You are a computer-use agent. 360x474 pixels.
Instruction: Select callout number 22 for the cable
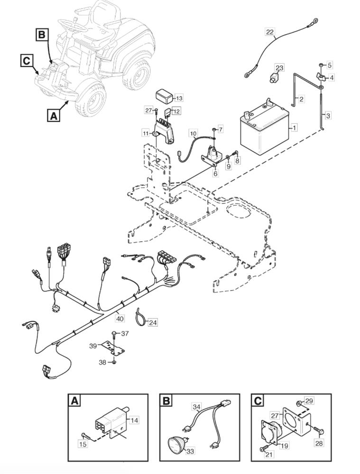point(269,32)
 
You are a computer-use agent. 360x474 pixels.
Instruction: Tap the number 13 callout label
point(178,98)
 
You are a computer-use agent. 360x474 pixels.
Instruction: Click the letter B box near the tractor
point(42,35)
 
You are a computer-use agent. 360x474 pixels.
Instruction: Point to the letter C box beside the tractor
point(27,60)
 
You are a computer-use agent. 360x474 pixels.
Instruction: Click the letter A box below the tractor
point(54,115)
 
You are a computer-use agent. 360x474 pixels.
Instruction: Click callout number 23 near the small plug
point(279,68)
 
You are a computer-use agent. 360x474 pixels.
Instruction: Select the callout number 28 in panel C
point(319,443)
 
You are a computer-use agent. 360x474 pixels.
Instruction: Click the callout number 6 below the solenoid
point(216,174)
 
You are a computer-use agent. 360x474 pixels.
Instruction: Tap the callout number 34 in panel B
point(196,407)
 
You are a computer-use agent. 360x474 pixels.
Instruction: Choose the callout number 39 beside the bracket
point(93,346)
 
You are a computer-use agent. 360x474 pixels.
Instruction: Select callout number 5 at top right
point(330,64)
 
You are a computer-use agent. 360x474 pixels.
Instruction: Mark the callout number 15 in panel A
point(83,444)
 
